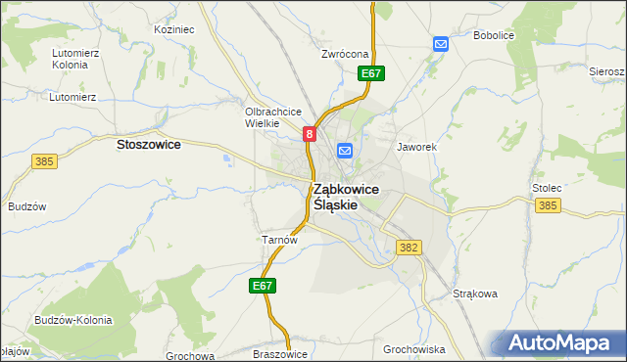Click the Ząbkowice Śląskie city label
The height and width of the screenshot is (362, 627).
(347, 197)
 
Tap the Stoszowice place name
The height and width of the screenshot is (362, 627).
(148, 144)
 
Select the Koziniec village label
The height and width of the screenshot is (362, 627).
(174, 29)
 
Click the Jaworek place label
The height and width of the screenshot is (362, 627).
(415, 147)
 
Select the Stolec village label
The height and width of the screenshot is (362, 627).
(546, 185)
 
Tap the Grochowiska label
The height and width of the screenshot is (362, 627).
(414, 348)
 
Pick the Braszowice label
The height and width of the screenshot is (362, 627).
(280, 354)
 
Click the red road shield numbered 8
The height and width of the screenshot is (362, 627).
(310, 134)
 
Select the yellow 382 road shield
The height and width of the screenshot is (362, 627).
(410, 249)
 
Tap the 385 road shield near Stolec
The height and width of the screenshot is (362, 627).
(549, 205)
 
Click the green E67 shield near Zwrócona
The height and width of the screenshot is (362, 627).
(370, 73)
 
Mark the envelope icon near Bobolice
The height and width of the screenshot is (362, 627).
(441, 44)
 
